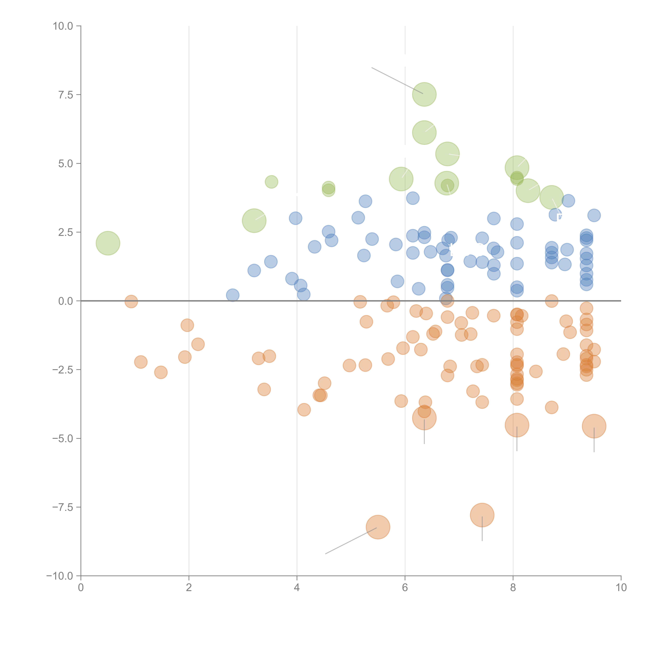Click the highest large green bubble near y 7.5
pos(424,94)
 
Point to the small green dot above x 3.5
pos(271,182)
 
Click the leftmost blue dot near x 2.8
pos(232,295)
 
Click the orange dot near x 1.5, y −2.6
pos(161,372)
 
